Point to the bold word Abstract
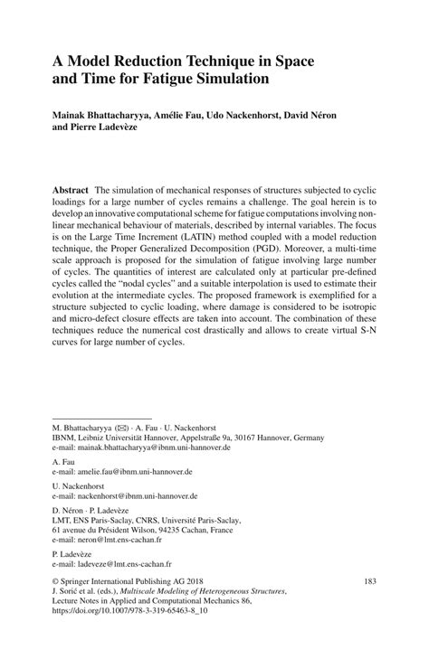[x=70, y=191]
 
